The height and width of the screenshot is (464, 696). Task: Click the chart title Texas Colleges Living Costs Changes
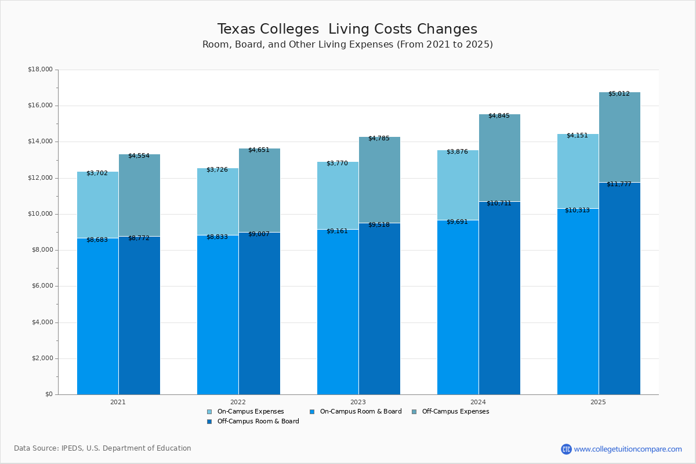(347, 30)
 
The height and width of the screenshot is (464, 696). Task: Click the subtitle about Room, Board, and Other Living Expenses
(347, 45)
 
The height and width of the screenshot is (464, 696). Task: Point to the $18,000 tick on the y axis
(40, 70)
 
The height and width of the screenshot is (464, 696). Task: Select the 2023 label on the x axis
(358, 402)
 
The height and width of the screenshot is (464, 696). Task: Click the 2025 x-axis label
(598, 402)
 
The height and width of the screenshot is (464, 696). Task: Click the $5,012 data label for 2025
(619, 93)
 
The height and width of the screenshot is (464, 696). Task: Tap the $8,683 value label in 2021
(97, 240)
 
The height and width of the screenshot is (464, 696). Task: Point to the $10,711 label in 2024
(499, 203)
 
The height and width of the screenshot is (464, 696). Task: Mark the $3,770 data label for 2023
(337, 164)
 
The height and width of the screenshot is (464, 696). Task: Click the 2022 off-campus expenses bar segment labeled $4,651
(259, 191)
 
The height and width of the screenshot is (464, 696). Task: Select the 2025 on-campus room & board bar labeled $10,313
(578, 302)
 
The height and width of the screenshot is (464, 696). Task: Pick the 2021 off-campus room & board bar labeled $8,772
(139, 316)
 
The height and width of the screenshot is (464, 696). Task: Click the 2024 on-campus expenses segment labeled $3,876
(458, 186)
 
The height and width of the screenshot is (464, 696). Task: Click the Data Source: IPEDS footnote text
(103, 448)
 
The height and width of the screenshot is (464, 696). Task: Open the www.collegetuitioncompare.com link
(628, 449)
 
